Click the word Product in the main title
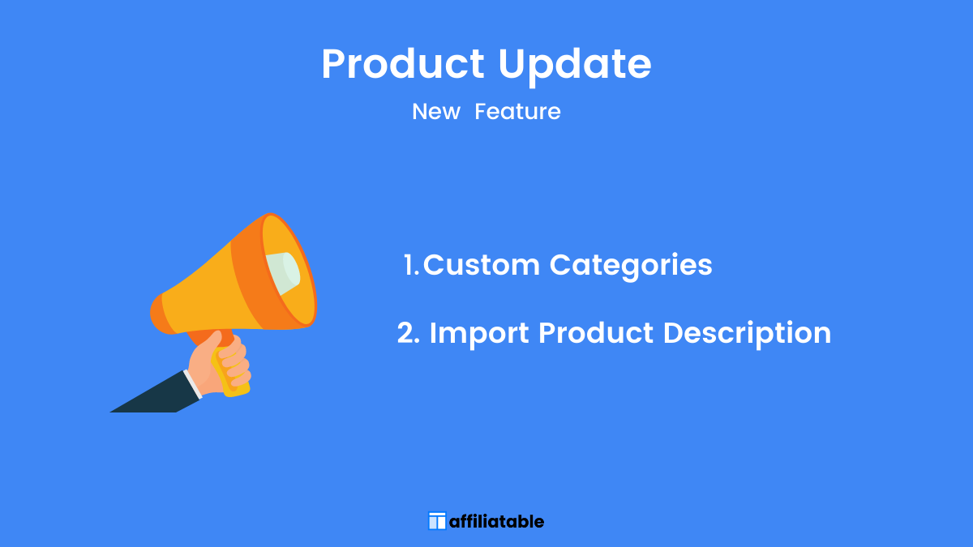click(x=403, y=64)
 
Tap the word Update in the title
click(x=575, y=66)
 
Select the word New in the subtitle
click(x=435, y=112)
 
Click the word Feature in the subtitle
click(x=517, y=112)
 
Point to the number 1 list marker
click(x=410, y=265)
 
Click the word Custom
click(x=482, y=264)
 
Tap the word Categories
click(x=631, y=266)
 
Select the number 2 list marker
click(x=409, y=333)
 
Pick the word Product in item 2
click(x=595, y=333)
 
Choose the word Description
click(x=747, y=335)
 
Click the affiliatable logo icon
click(x=437, y=521)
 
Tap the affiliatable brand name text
click(x=496, y=521)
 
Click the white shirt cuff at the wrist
click(x=193, y=384)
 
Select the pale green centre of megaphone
click(x=283, y=273)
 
